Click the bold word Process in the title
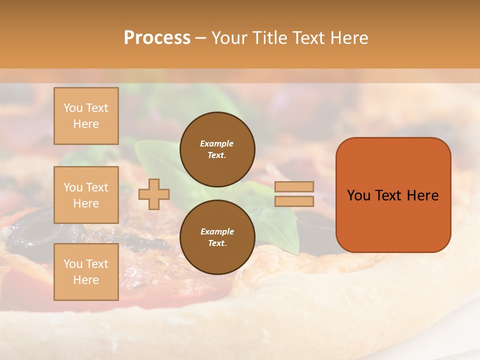coord(157,38)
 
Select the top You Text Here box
coord(86,116)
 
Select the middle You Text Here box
coord(86,195)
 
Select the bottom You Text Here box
coord(86,272)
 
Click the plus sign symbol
coord(154,194)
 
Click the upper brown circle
coord(217,149)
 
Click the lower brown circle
coord(217,237)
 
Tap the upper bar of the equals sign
coord(294,187)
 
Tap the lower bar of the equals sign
coord(294,201)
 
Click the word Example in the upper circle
coord(216,143)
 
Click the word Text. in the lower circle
coord(217,243)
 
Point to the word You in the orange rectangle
coord(358,195)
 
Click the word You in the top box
coord(73,108)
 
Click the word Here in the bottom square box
coord(86,280)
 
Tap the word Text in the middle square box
coord(96,187)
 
